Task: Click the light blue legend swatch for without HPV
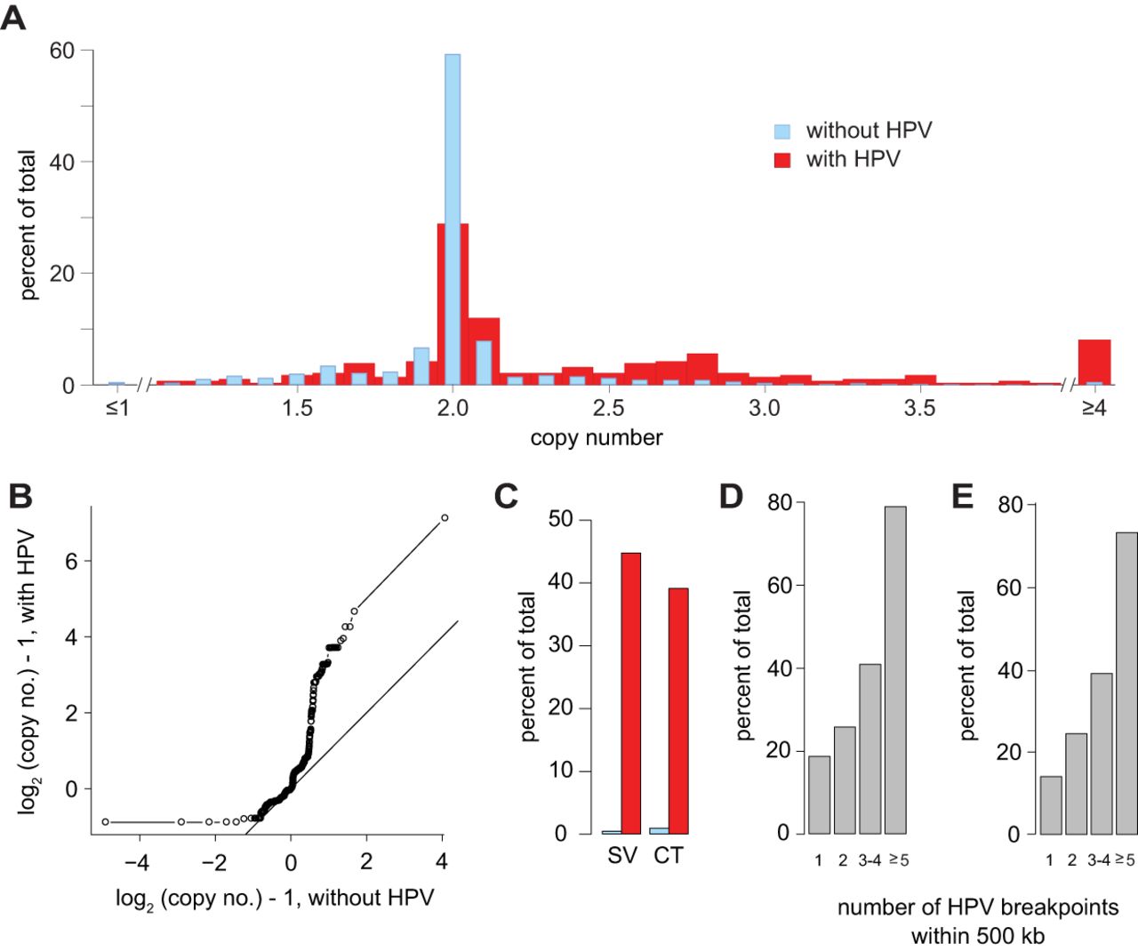click(782, 131)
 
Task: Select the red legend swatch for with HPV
click(782, 160)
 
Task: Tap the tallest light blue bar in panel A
click(453, 220)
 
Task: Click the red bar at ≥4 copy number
click(1094, 363)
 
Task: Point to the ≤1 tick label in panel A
click(117, 408)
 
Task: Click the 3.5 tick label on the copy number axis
click(920, 408)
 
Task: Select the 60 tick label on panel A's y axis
click(61, 51)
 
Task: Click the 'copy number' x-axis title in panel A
click(597, 438)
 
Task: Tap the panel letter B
click(20, 497)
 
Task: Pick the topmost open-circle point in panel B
click(445, 518)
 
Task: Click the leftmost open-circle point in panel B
click(106, 822)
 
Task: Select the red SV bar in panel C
click(631, 693)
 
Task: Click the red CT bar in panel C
click(678, 711)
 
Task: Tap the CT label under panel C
click(669, 856)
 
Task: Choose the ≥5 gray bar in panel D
click(895, 670)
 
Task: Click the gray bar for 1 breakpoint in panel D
click(819, 795)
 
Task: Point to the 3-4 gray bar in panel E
click(1102, 753)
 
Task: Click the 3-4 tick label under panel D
click(870, 861)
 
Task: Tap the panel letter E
click(963, 497)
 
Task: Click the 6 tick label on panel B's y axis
click(71, 561)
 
